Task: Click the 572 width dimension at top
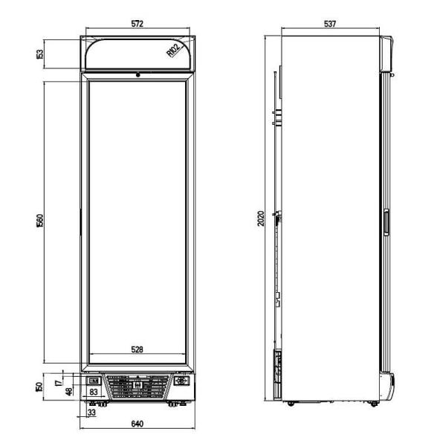coord(137,25)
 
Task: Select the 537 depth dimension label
coord(330,25)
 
